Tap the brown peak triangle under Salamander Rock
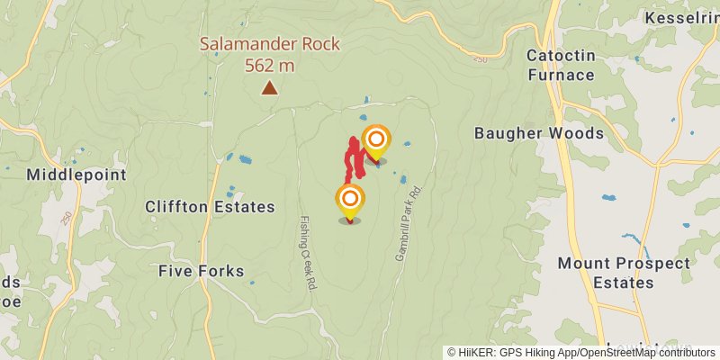click(x=268, y=87)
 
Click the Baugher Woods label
click(x=539, y=133)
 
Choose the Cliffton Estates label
click(x=210, y=207)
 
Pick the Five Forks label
click(x=201, y=270)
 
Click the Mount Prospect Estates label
click(x=624, y=273)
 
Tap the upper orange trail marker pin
click(x=376, y=140)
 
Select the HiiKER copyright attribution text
click(x=582, y=353)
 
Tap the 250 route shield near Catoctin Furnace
click(x=479, y=58)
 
